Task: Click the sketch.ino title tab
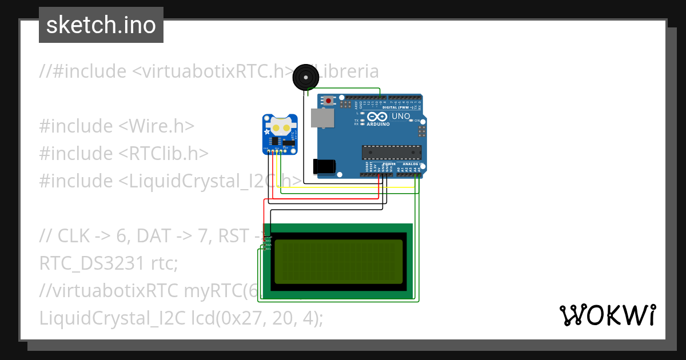click(x=101, y=25)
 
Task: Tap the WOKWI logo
click(x=607, y=315)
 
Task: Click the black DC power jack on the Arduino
click(x=324, y=166)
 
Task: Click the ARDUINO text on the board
click(x=378, y=124)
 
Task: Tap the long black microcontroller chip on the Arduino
click(x=391, y=151)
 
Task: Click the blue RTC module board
click(x=280, y=134)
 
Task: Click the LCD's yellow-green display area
click(x=338, y=262)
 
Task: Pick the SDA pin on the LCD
click(x=267, y=245)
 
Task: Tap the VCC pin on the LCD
click(x=267, y=241)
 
